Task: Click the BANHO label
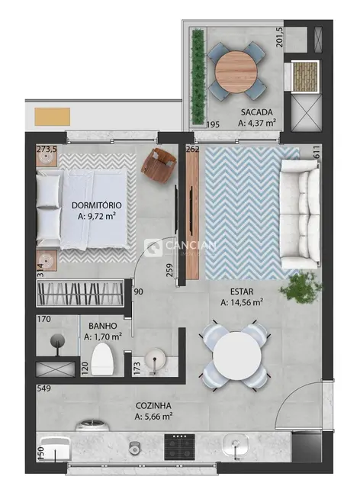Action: pyautogui.click(x=102, y=324)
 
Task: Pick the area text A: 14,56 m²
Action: pyautogui.click(x=241, y=302)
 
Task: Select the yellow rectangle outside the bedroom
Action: pyautogui.click(x=53, y=117)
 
